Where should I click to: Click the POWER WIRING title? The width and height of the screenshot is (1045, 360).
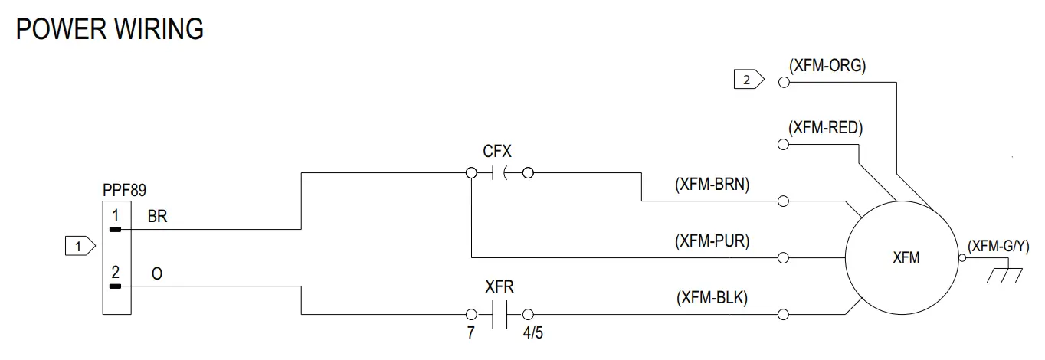pos(110,29)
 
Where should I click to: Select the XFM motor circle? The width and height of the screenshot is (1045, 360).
pos(902,258)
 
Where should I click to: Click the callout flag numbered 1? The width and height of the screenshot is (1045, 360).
pos(80,247)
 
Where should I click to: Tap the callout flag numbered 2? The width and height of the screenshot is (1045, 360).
pos(749,79)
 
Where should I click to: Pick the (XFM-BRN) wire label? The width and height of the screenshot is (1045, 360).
pos(712,185)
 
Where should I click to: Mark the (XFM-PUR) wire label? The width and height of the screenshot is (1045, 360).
pos(712,241)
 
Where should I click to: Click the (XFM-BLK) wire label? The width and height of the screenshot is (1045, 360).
pos(712,298)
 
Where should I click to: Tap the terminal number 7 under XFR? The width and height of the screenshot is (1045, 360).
pos(470,333)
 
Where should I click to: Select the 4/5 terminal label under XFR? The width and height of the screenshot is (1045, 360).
pos(534,333)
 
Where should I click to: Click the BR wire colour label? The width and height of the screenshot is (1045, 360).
pos(157,217)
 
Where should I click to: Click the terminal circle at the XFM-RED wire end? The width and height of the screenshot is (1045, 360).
pos(783,144)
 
